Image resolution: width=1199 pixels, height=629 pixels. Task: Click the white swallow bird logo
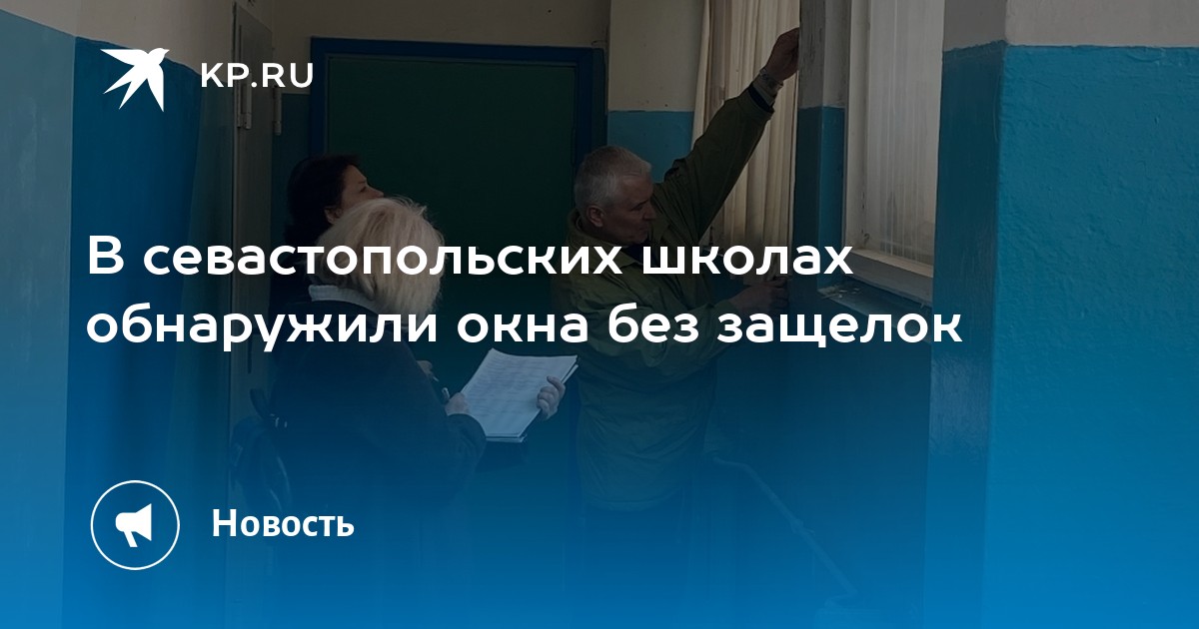135,78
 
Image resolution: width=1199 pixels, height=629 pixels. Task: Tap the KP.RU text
257,76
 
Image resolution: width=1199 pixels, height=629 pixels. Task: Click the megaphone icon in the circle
134,525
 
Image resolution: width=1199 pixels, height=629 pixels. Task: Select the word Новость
283,523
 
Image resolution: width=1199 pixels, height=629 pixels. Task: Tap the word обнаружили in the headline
261,324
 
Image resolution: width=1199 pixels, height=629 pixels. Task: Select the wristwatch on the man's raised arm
769,81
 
